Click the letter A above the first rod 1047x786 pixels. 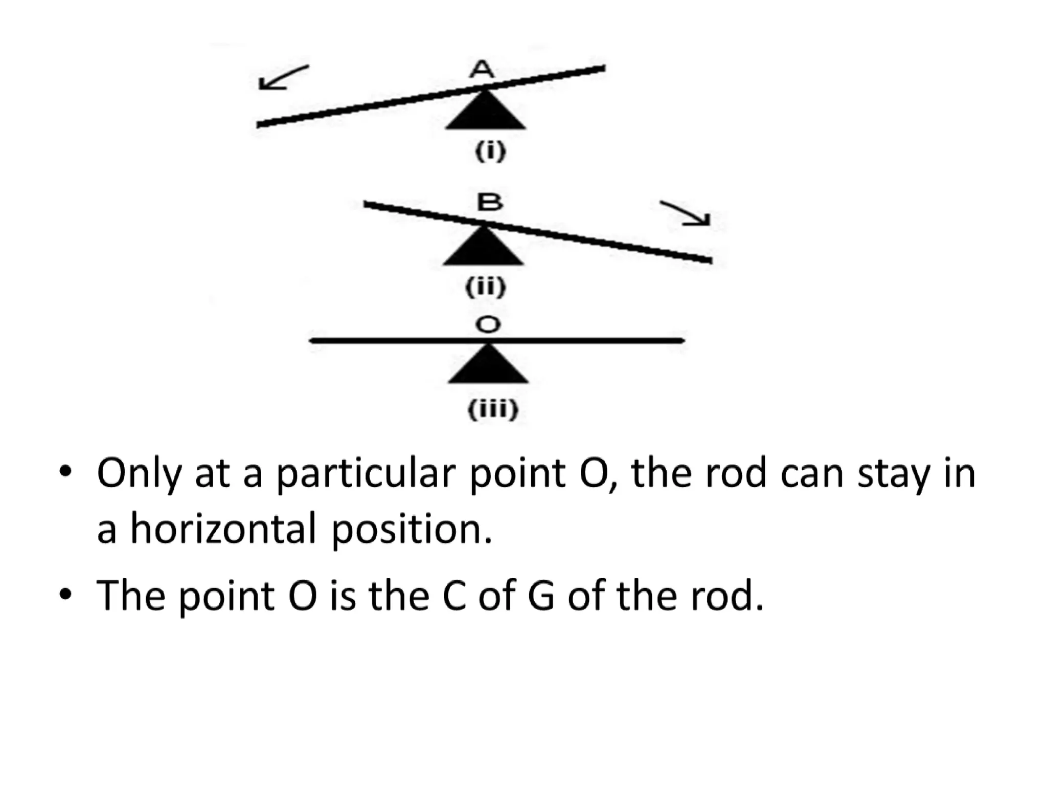tap(482, 70)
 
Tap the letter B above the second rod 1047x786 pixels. tap(489, 203)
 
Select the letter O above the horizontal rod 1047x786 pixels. tap(488, 324)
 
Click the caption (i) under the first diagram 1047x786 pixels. tap(490, 152)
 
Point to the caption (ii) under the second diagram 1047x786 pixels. tap(486, 287)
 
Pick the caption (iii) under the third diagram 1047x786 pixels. tap(493, 409)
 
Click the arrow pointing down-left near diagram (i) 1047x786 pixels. tap(283, 78)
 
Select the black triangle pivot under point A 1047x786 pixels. tap(485, 111)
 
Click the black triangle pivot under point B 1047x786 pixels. tap(483, 248)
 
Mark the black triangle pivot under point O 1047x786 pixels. tap(488, 365)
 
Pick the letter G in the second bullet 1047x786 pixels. tap(540, 596)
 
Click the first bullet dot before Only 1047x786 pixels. tap(65, 472)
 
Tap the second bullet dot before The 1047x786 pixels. tap(65, 595)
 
